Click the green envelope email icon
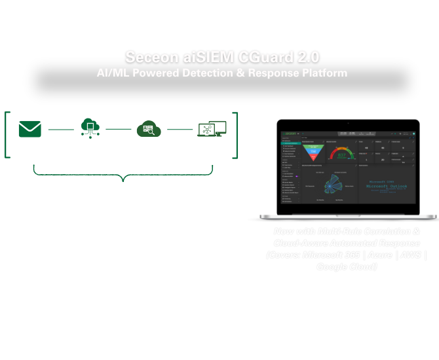[30, 128]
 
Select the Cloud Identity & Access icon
[148, 128]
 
